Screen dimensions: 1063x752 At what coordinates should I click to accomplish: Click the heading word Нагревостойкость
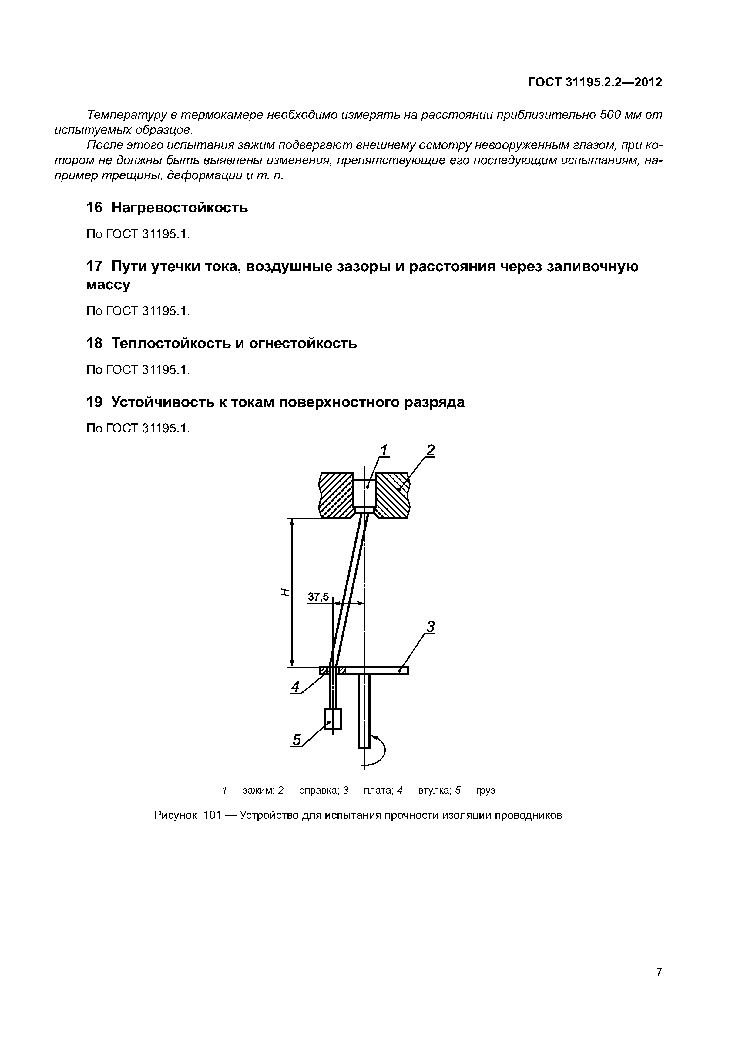click(180, 208)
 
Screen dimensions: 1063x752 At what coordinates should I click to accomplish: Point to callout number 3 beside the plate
click(431, 627)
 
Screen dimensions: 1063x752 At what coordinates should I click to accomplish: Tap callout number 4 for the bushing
click(295, 687)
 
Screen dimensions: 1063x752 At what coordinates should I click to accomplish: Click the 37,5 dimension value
click(318, 597)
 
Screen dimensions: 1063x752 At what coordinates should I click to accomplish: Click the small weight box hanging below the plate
click(333, 719)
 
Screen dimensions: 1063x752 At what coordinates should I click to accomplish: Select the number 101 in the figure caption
click(212, 815)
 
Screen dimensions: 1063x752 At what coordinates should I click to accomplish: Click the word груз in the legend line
click(485, 790)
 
